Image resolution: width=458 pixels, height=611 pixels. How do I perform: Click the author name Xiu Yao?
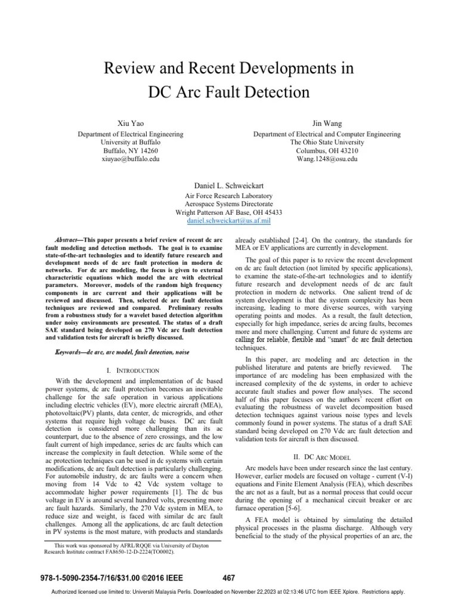coord(131,122)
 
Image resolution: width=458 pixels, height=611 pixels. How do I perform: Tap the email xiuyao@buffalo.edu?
coord(131,160)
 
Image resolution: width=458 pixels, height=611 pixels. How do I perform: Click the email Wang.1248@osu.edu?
coord(327,160)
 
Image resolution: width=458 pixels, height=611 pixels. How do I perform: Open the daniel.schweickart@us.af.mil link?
coord(229,220)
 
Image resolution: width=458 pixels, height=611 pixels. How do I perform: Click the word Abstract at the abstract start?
coord(67,239)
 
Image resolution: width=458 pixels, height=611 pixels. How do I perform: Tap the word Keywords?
coord(67,353)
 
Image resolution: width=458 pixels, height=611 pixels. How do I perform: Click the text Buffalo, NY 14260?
coord(131,152)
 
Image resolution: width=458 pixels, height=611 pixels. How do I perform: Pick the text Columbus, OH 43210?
coord(327,152)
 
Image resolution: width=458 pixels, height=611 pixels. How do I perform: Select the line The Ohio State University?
coord(327,143)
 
